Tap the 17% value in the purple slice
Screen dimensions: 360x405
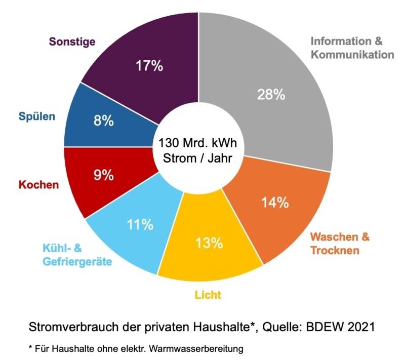click(149, 66)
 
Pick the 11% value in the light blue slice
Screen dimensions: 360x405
click(140, 224)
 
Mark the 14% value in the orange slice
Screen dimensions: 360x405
click(275, 203)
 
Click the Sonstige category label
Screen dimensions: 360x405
click(72, 42)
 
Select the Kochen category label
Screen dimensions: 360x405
click(38, 184)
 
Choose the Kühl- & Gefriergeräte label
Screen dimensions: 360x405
click(76, 255)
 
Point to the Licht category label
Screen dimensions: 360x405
click(208, 294)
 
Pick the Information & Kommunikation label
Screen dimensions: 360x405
click(352, 47)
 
